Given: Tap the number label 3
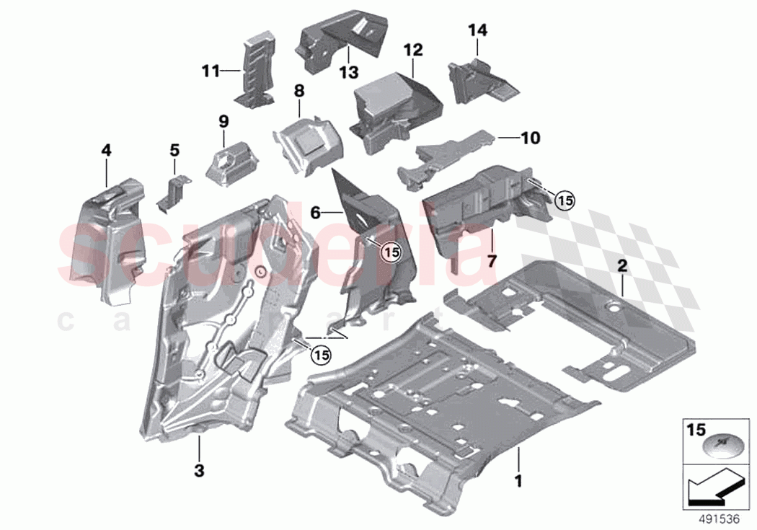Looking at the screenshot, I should tap(199, 471).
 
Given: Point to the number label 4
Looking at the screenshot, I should tap(106, 150).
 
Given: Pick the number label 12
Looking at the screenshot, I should tap(412, 50).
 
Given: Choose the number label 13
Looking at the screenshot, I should tap(349, 72).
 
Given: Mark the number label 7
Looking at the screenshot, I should tap(491, 260).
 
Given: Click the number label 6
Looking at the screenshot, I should tap(315, 212).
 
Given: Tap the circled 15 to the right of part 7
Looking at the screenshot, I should tap(565, 201).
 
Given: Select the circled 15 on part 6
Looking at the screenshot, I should tap(390, 252).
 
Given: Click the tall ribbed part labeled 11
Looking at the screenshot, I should tap(256, 72).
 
